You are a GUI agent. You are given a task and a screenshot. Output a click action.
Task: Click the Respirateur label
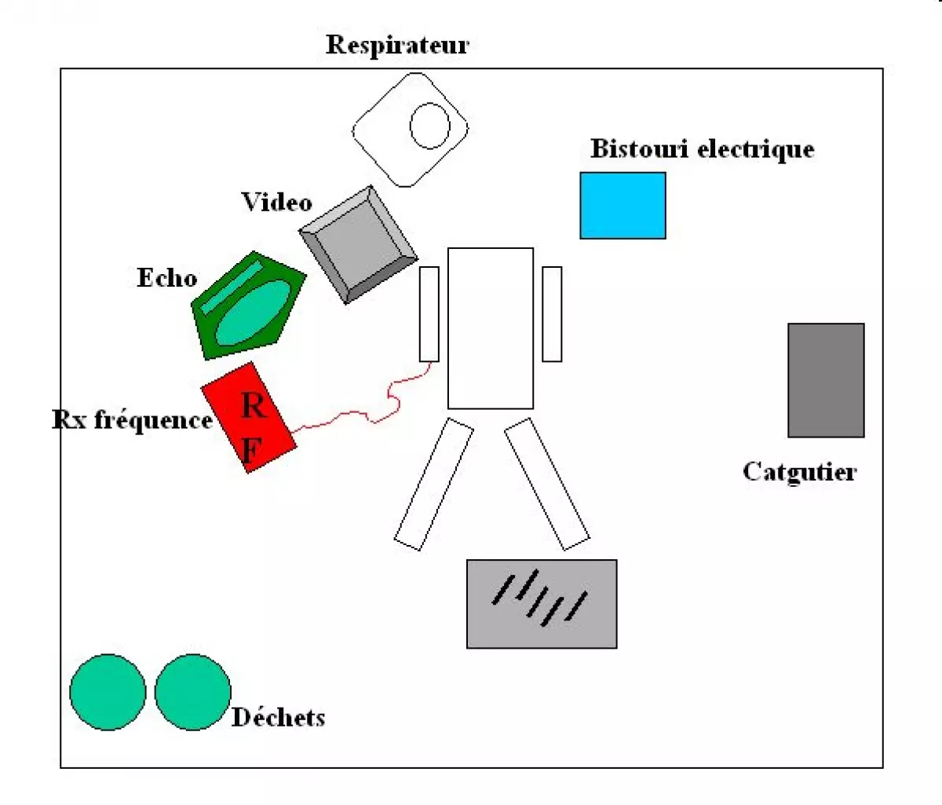coord(397,45)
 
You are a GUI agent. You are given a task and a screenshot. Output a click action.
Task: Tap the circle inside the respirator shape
coord(430,126)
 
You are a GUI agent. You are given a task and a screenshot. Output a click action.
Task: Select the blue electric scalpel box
coord(623,206)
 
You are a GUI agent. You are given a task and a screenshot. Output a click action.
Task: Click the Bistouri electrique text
coord(702,149)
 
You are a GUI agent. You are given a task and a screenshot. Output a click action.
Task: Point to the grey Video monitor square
coord(359,243)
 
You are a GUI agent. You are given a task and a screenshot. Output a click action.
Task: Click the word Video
coord(276,203)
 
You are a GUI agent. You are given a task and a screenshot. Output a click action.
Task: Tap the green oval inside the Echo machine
coord(253,312)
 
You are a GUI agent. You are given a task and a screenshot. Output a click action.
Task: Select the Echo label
coord(166,278)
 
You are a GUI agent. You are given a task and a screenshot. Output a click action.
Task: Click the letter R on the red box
coord(253,406)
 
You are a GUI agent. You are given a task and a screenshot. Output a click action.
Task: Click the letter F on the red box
coord(250,450)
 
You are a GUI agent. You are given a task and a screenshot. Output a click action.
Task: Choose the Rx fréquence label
coord(132,420)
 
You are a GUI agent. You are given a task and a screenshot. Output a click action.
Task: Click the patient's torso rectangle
coord(491,328)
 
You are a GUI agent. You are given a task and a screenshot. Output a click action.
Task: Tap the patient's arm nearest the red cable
coord(429,314)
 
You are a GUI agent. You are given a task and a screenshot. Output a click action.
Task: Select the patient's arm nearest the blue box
coord(552,314)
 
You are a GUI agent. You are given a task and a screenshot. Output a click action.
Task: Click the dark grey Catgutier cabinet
coord(826,380)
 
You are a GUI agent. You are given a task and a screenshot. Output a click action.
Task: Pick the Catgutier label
coord(799,472)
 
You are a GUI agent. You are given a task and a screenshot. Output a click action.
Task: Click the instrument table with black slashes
coord(542,604)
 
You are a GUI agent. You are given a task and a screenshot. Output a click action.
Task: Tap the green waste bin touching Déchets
coord(192,692)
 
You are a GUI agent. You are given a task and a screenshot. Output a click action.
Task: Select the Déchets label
coord(279,717)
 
